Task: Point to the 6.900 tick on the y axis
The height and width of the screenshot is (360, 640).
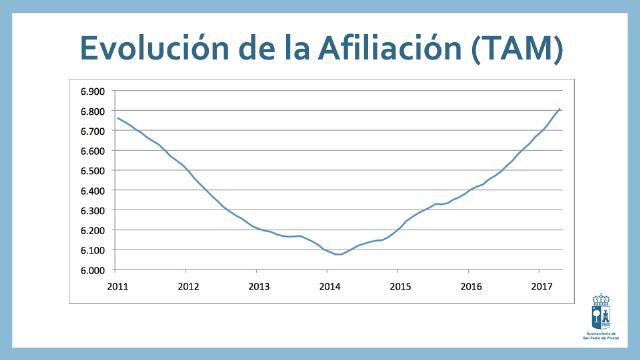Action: tap(92, 91)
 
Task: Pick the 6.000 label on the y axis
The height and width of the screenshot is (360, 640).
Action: tap(92, 271)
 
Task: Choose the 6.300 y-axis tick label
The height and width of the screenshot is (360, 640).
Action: tap(92, 211)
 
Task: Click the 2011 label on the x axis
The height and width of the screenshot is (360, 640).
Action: tap(117, 285)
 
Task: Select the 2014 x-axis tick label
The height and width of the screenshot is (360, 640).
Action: tap(328, 285)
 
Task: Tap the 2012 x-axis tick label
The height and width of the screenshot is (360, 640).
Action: tap(187, 285)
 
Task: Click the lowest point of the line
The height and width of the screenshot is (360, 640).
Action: tap(339, 254)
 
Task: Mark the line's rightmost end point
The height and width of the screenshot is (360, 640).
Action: tap(560, 108)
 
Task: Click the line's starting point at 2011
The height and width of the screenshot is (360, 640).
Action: tap(118, 118)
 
